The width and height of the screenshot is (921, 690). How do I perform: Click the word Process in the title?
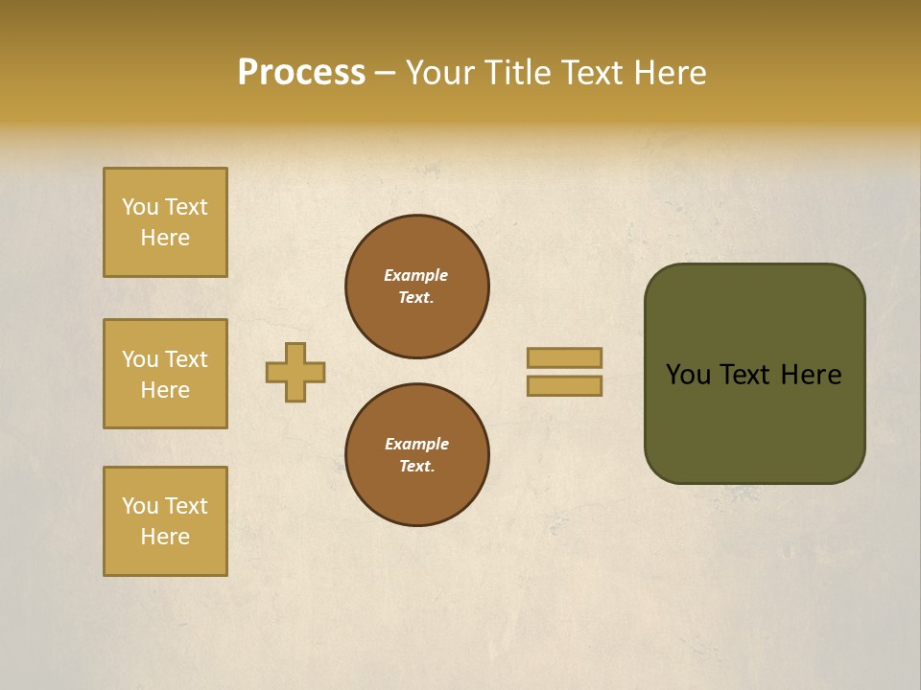click(x=301, y=73)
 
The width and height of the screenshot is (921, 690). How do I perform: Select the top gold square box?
click(x=165, y=222)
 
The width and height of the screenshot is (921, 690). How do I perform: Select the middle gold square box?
click(x=165, y=374)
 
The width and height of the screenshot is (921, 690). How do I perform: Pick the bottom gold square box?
click(x=165, y=521)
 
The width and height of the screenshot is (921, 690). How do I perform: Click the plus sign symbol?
click(x=295, y=372)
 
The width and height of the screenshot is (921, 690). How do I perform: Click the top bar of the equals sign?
click(x=564, y=357)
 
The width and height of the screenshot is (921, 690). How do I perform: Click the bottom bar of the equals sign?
click(x=564, y=385)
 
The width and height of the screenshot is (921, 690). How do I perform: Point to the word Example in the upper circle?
click(x=416, y=275)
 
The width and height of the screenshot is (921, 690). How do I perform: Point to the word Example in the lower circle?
click(x=416, y=444)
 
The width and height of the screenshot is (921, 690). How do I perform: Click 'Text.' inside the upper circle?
click(x=416, y=297)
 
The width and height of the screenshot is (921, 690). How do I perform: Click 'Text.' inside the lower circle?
click(x=416, y=466)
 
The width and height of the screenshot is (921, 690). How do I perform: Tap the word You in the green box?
click(x=689, y=375)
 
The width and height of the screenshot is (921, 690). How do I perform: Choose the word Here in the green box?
click(x=811, y=375)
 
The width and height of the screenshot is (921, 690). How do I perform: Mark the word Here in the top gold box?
click(x=165, y=238)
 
